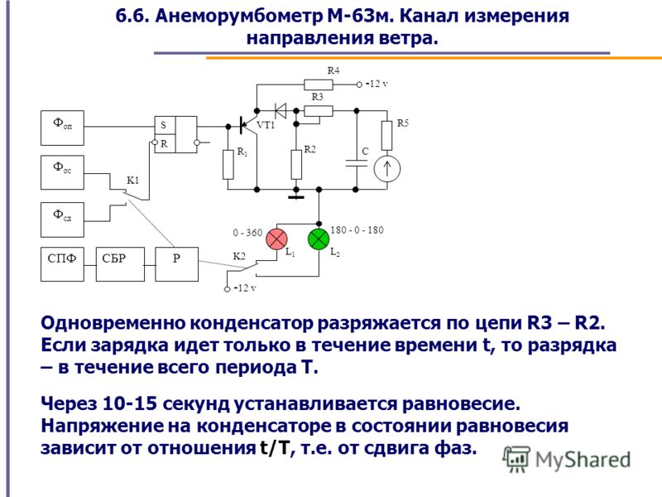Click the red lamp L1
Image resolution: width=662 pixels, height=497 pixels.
276,239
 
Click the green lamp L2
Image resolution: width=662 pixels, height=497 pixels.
319,239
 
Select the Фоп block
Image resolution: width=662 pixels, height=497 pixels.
63,128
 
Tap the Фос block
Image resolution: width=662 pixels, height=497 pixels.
63,172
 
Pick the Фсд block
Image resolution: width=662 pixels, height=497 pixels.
63,220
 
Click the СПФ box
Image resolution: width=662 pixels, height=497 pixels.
63,264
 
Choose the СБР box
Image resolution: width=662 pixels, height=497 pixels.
120,264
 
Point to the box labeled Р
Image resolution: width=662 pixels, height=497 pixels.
177,264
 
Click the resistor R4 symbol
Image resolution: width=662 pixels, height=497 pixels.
319,84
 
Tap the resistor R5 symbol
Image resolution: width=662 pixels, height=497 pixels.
386,136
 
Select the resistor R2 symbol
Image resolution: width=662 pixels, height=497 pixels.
296,164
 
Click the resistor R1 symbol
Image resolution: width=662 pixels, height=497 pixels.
228,164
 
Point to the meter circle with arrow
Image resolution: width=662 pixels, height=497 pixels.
386,169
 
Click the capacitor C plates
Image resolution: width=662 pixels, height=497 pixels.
357,163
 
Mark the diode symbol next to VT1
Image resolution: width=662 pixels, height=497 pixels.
280,111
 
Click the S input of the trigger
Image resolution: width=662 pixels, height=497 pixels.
163,126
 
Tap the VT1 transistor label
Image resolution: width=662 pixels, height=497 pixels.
266,125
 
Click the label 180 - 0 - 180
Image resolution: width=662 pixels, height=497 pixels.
357,230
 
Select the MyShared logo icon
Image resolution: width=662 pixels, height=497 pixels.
516,459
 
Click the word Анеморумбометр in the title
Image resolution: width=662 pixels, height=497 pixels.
237,16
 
